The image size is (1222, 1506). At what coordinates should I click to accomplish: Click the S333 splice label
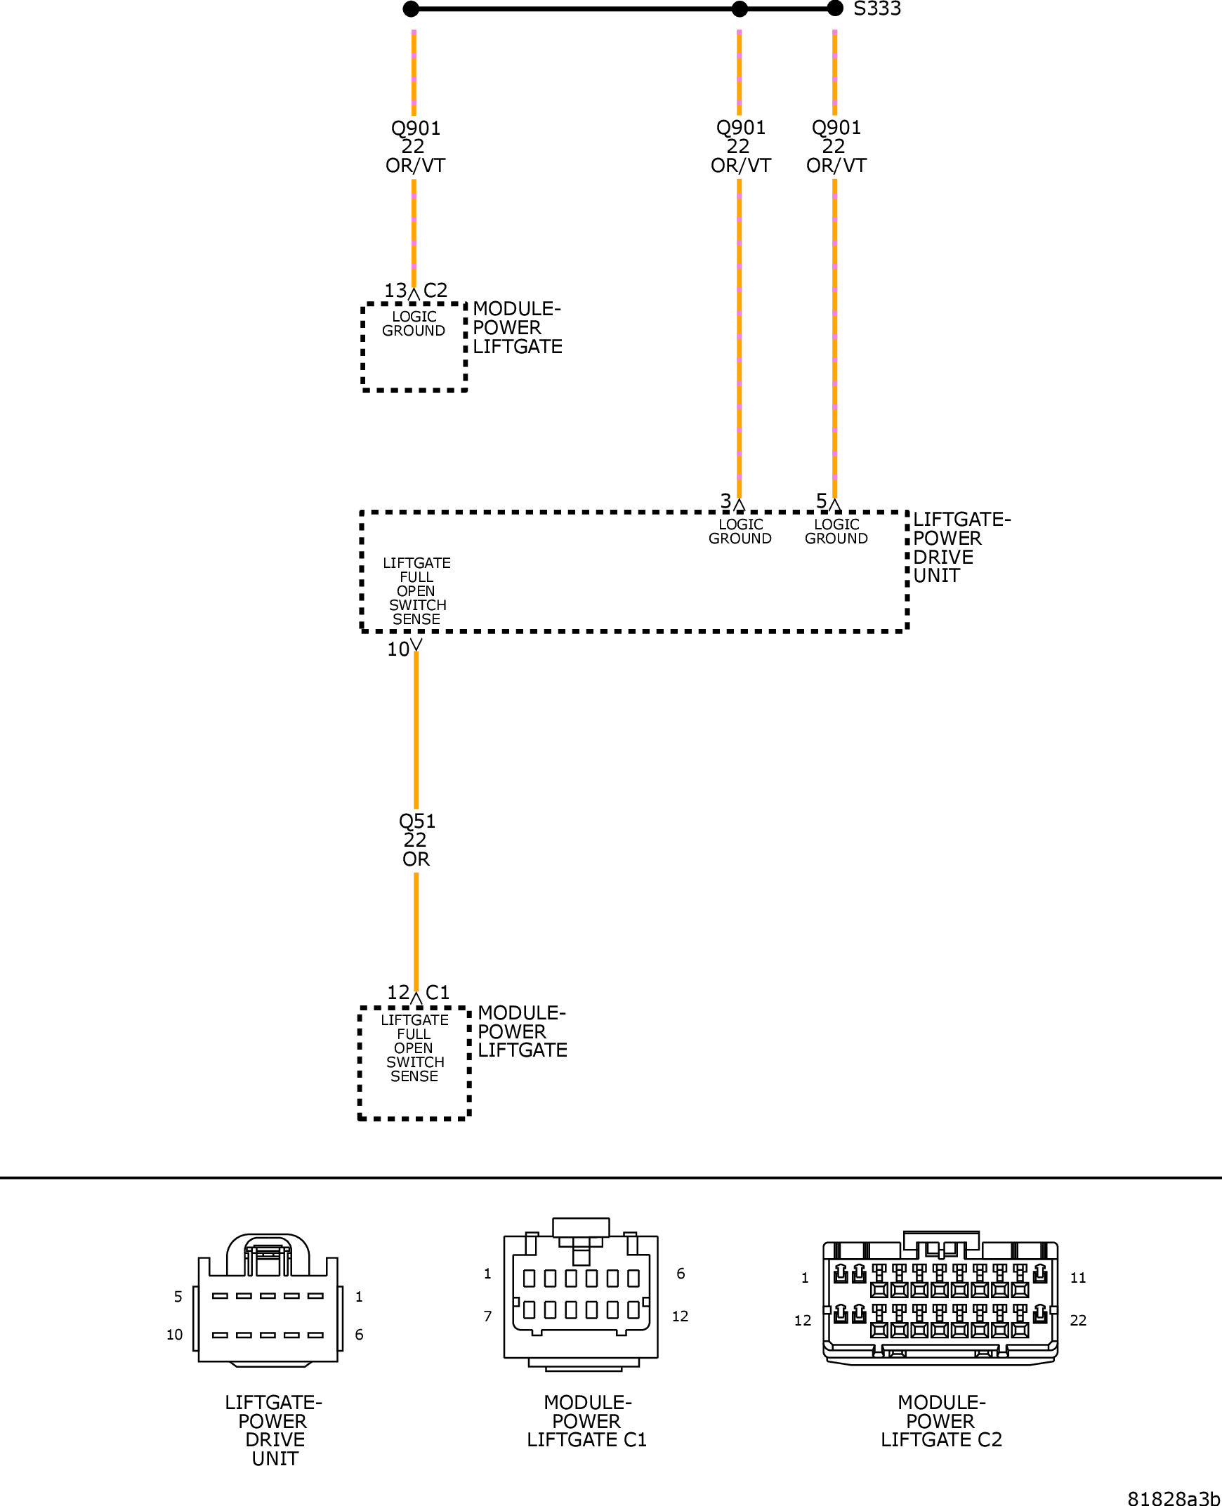click(876, 9)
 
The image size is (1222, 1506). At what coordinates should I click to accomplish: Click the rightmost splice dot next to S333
click(835, 8)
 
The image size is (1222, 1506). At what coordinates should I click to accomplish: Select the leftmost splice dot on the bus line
click(411, 8)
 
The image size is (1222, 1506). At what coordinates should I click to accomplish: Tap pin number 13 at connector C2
click(395, 291)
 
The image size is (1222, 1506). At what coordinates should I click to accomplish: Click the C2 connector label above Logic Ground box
click(435, 291)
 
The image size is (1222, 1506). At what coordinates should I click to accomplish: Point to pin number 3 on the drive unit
click(725, 501)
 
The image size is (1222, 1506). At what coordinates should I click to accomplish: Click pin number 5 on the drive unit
click(821, 501)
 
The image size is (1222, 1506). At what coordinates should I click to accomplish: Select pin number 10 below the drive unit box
click(398, 649)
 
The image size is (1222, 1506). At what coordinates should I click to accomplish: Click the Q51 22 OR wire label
click(416, 840)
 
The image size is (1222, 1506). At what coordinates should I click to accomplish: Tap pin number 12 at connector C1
click(398, 992)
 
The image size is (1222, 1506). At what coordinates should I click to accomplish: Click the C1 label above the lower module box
click(437, 992)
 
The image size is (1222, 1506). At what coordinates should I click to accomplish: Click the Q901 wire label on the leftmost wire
click(415, 146)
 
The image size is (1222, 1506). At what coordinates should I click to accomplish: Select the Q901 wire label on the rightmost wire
click(836, 146)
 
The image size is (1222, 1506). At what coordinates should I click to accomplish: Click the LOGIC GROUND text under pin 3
click(740, 531)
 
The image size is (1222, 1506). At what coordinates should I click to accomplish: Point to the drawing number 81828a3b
click(1174, 1498)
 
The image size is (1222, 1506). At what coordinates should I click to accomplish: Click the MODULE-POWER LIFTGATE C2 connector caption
click(941, 1421)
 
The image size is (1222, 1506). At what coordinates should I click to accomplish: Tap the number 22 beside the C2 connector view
click(1078, 1321)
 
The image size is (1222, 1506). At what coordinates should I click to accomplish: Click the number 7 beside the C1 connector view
click(487, 1316)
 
